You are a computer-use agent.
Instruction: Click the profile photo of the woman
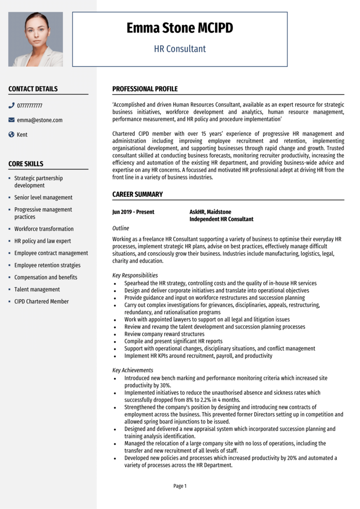(36, 39)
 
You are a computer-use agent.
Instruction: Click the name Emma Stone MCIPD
(180, 28)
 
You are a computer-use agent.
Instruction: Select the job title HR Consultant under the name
(180, 48)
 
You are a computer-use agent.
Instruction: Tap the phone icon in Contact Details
(12, 106)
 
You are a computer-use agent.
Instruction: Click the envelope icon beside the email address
(12, 120)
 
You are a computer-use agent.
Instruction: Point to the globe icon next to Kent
(12, 135)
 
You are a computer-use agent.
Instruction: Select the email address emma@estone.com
(39, 120)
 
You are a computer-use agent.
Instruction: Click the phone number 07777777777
(29, 106)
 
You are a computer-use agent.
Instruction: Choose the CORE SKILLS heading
(25, 164)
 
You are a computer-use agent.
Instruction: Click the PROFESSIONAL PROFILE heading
(145, 89)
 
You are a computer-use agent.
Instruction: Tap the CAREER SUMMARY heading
(137, 194)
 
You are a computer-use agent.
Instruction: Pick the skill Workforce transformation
(44, 229)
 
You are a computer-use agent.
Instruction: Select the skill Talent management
(37, 289)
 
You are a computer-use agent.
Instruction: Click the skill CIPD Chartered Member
(41, 301)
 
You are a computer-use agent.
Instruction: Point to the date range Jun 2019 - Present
(133, 212)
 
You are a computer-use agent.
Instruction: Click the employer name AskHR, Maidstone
(210, 212)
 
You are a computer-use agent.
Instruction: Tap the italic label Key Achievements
(133, 370)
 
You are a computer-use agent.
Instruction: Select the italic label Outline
(120, 228)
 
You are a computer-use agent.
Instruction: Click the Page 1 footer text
(180, 486)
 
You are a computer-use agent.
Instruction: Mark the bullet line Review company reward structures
(164, 334)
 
